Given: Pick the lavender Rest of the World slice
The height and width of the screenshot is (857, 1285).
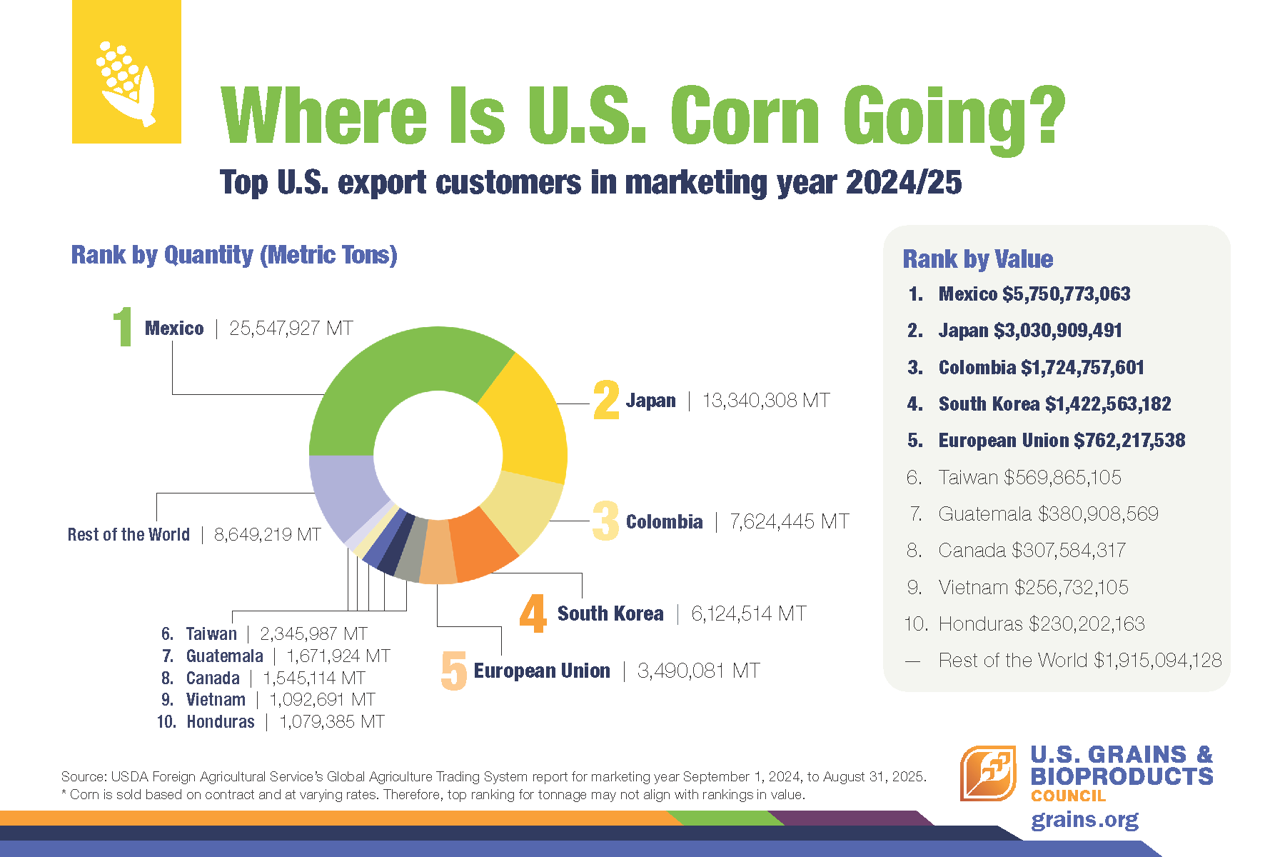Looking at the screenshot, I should point(343,493).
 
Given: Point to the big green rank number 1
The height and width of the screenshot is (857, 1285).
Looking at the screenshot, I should point(124,327).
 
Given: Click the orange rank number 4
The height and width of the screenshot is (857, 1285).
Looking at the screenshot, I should point(533,613).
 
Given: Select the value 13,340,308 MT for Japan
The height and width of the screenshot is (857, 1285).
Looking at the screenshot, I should point(766,401).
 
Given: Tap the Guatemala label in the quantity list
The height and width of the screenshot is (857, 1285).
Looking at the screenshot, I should point(224,656).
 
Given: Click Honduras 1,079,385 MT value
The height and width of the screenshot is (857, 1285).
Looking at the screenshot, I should point(331,722).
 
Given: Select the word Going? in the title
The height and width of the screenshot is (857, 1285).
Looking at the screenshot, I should point(954,116).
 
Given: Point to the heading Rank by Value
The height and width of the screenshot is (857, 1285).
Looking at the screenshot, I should point(977,259).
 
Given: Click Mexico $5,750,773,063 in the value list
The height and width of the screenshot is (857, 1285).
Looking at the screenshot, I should point(1034,294).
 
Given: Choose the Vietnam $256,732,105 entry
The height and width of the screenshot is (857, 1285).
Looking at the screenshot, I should point(1033,588).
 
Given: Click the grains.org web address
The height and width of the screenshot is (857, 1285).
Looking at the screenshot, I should point(1084,820).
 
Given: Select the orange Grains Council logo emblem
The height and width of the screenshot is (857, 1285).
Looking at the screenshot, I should point(988,773).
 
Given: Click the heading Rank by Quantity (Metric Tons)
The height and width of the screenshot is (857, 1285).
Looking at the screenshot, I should point(234,255).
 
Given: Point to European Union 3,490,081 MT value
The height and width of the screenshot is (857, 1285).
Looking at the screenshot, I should point(698,671).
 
